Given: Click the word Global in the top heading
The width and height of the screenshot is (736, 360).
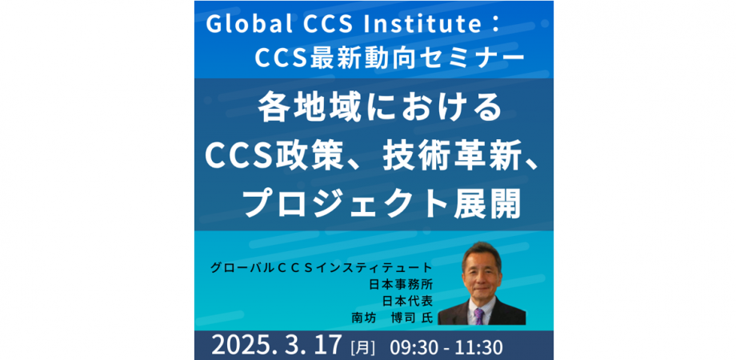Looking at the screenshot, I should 241,25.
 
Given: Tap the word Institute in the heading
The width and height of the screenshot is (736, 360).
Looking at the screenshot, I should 410,25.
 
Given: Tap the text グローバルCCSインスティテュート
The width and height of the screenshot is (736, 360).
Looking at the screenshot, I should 321,266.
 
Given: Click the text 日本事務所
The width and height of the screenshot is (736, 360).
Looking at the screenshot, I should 401,283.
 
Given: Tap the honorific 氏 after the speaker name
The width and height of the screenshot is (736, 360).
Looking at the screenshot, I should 426,318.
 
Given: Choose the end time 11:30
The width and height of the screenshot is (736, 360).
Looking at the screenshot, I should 478,346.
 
